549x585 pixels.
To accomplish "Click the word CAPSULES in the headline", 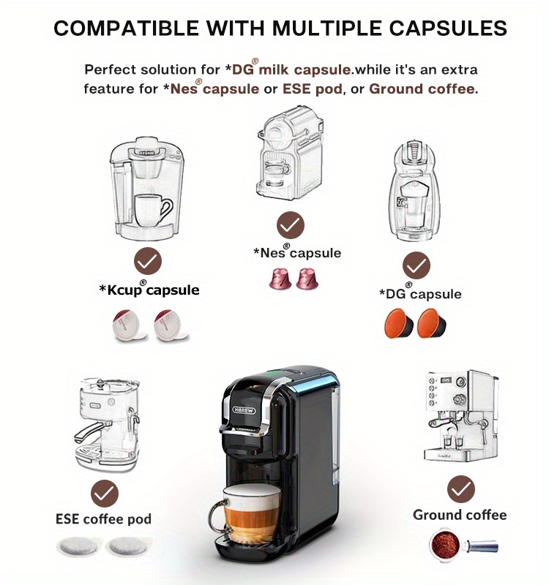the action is click(x=448, y=28).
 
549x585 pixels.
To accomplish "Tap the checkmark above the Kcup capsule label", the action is click(x=148, y=261).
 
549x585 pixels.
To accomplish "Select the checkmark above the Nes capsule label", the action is click(x=290, y=225).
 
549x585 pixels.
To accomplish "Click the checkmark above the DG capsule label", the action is click(x=417, y=265).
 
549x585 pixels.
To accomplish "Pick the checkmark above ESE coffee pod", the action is click(x=105, y=494).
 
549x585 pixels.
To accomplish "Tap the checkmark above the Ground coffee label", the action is click(x=461, y=489).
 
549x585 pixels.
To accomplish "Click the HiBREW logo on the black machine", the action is click(x=244, y=410).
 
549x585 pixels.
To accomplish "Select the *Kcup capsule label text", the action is click(x=149, y=289).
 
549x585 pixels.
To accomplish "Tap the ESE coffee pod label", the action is click(x=103, y=519).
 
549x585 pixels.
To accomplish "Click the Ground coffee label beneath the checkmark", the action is click(x=460, y=515).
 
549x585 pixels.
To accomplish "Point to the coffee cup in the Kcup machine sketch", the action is click(x=153, y=210).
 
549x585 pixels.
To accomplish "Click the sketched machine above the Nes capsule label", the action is click(x=290, y=157).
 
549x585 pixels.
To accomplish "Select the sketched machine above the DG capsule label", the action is click(x=414, y=191).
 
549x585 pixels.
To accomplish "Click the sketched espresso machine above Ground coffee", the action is click(x=462, y=416).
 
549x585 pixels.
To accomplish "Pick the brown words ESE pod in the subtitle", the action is click(x=313, y=88).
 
